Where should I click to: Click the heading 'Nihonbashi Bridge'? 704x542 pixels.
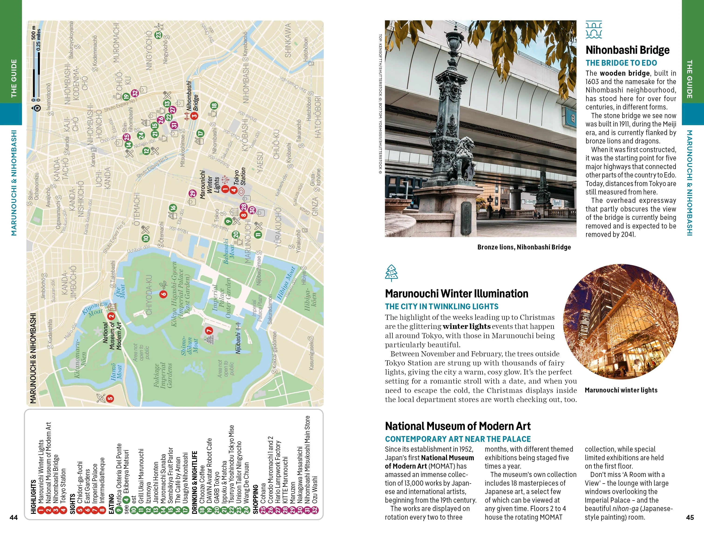tap(627, 50)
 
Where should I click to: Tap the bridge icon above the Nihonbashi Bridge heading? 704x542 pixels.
tap(593, 29)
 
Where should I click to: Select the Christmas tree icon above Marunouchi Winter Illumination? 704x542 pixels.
tap(391, 273)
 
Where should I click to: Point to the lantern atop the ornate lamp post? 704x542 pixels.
tap(454, 42)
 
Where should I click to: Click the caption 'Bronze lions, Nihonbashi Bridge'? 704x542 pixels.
tap(524, 247)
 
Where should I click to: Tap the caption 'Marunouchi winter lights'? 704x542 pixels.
tap(621, 390)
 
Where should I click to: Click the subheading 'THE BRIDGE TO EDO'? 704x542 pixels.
tap(621, 63)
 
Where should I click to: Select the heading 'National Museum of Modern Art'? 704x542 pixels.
tap(457, 426)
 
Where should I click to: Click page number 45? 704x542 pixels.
tap(690, 518)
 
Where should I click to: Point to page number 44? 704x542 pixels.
tap(14, 518)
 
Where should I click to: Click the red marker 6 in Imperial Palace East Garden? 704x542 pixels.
tap(163, 294)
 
